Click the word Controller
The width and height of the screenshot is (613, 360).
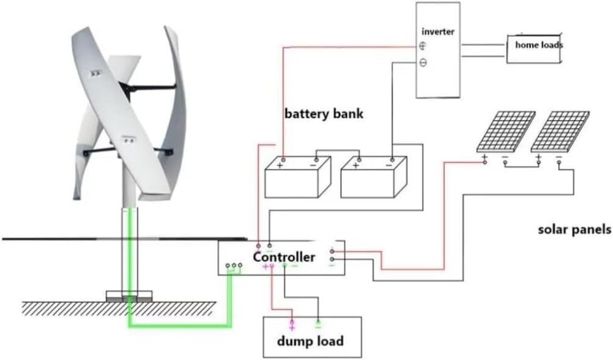284,257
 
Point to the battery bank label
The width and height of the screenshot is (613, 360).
324,114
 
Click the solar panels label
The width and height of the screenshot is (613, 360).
574,230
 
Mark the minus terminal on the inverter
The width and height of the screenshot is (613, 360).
422,62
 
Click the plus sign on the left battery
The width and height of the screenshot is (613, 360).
281,165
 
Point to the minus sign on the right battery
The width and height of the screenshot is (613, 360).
390,165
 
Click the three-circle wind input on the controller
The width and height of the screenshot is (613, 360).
234,266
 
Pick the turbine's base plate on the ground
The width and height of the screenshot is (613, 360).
129,296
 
